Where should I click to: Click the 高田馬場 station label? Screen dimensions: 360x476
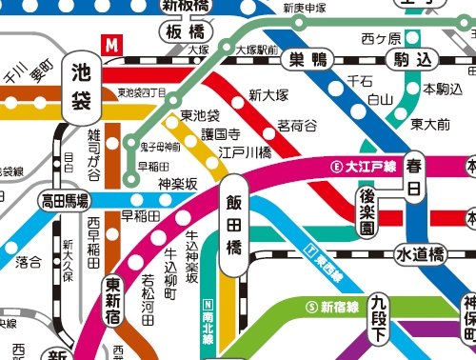65,201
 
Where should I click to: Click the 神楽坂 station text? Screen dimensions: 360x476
177,184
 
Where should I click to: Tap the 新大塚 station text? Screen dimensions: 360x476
268,94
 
